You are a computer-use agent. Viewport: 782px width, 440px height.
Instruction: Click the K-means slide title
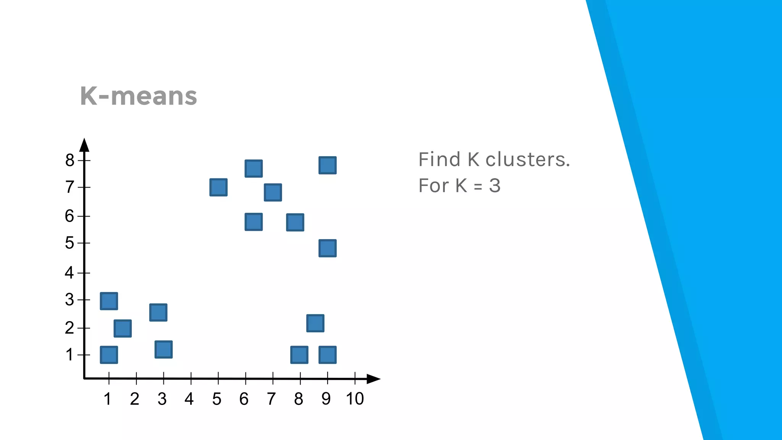(x=138, y=96)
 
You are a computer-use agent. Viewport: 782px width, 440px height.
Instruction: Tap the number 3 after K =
(x=494, y=186)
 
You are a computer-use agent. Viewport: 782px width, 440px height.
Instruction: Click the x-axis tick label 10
(x=355, y=399)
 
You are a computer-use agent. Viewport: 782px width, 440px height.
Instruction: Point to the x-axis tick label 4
(x=189, y=399)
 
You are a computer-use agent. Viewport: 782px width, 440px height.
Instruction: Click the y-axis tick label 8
(x=69, y=160)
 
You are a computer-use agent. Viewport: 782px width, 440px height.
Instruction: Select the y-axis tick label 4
(x=69, y=273)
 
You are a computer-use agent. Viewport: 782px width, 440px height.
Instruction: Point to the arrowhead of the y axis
(x=84, y=145)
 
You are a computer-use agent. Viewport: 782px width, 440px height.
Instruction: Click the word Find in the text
(x=439, y=159)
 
